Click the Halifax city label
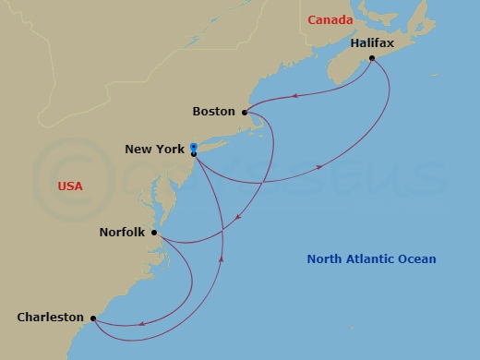click(x=373, y=43)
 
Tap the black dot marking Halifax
click(x=371, y=59)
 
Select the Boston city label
click(x=213, y=112)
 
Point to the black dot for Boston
click(x=245, y=113)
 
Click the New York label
click(x=156, y=149)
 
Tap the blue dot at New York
click(x=194, y=147)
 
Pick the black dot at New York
click(x=194, y=154)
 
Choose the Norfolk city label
click(x=122, y=233)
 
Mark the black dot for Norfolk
click(x=154, y=233)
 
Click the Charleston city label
click(x=51, y=317)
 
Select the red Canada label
click(x=330, y=20)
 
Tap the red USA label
click(x=70, y=186)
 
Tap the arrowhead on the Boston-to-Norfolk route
click(x=237, y=218)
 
